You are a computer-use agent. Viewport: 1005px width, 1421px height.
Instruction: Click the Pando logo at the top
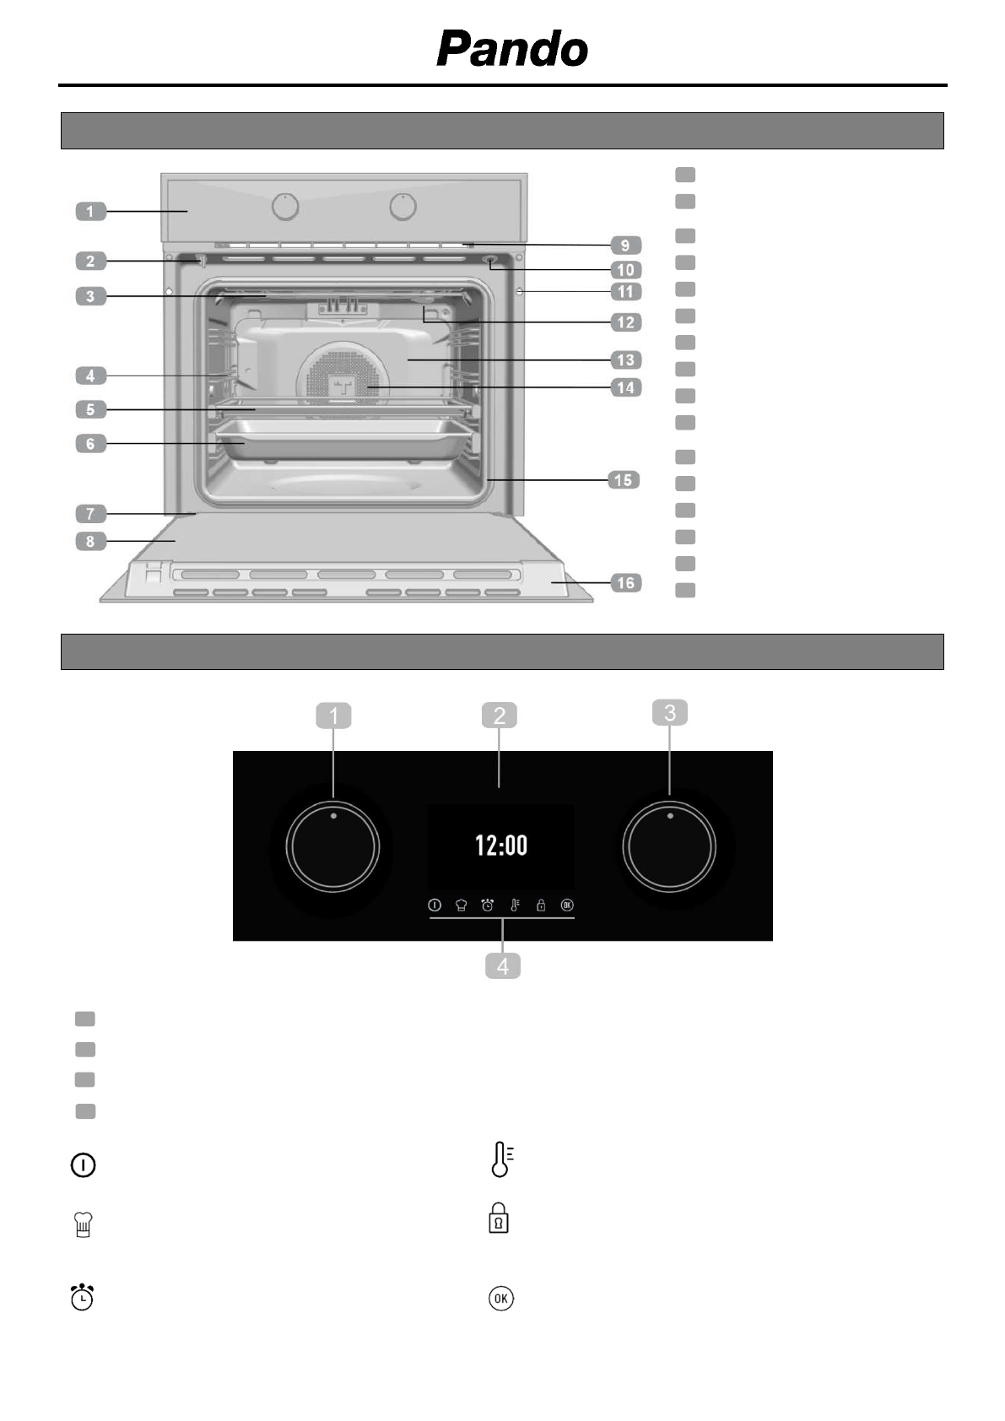pyautogui.click(x=512, y=49)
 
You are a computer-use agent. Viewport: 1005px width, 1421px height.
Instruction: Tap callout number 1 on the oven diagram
pyautogui.click(x=91, y=211)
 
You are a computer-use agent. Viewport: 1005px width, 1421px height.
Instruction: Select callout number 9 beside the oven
pyautogui.click(x=625, y=245)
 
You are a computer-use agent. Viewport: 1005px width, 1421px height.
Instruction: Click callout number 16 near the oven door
pyautogui.click(x=625, y=583)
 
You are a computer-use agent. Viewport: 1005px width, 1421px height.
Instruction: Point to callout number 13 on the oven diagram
pyautogui.click(x=625, y=360)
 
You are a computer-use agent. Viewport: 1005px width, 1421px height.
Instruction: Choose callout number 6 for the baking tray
pyautogui.click(x=91, y=443)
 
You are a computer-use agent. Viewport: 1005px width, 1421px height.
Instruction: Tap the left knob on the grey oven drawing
pyautogui.click(x=285, y=207)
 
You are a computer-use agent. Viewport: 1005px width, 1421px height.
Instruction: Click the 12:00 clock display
pyautogui.click(x=501, y=846)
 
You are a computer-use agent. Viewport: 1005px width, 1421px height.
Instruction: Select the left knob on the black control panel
pyautogui.click(x=332, y=847)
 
